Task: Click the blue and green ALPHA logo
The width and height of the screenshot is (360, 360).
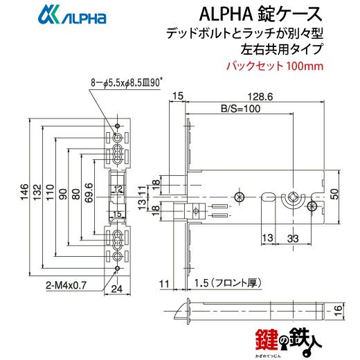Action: click(72, 16)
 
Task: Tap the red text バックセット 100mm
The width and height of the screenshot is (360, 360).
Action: click(275, 66)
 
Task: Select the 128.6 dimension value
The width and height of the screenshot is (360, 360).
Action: click(260, 97)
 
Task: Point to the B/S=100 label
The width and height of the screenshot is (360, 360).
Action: click(241, 109)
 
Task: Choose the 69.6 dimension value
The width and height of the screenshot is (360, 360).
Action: click(89, 193)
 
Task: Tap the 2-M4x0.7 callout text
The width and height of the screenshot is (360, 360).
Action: click(66, 285)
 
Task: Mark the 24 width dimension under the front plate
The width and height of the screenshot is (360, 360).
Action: click(117, 289)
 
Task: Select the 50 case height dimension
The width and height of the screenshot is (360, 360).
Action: click(335, 194)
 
